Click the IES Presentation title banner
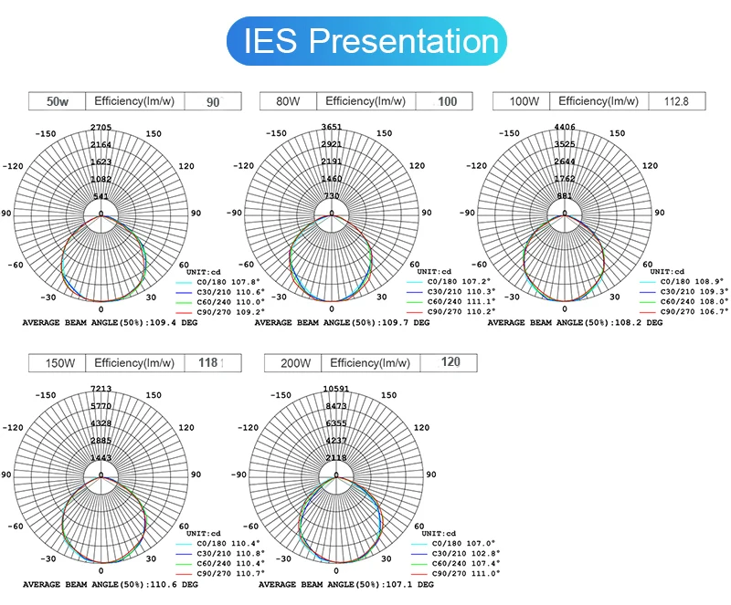365,40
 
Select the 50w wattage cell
58,102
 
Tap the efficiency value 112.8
676,102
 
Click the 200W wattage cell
293,363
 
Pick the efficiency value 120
450,363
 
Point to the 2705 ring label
101,128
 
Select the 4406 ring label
566,128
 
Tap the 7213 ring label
101,390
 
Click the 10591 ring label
335,390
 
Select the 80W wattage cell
289,102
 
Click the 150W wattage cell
60,363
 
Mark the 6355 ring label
335,424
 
